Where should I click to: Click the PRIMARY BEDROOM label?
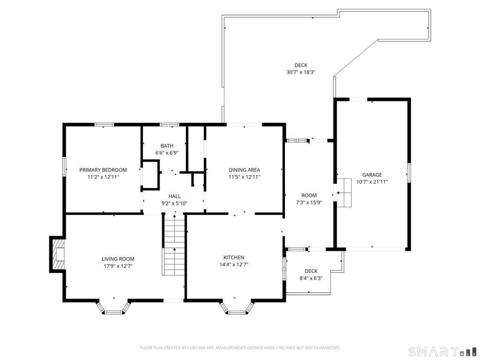[x=103, y=170]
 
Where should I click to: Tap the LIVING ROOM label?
[x=118, y=259]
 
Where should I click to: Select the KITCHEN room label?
[x=233, y=257]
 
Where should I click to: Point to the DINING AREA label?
[x=244, y=170]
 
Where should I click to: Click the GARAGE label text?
[x=372, y=175]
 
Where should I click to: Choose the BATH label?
[x=167, y=146]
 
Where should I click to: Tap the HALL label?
[x=174, y=196]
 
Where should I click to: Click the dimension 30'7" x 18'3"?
[x=301, y=72]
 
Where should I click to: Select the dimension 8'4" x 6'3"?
[x=311, y=278]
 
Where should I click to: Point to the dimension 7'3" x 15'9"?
[x=309, y=202]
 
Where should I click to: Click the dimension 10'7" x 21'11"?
[x=372, y=182]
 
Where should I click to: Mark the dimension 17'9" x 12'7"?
[x=118, y=266]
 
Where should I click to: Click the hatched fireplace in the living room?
[x=58, y=255]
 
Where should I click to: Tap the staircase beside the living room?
[x=173, y=245]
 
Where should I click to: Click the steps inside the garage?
[x=344, y=192]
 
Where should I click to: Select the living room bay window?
[x=113, y=307]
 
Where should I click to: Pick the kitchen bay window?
[x=237, y=307]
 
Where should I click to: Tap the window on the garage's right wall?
[x=409, y=173]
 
